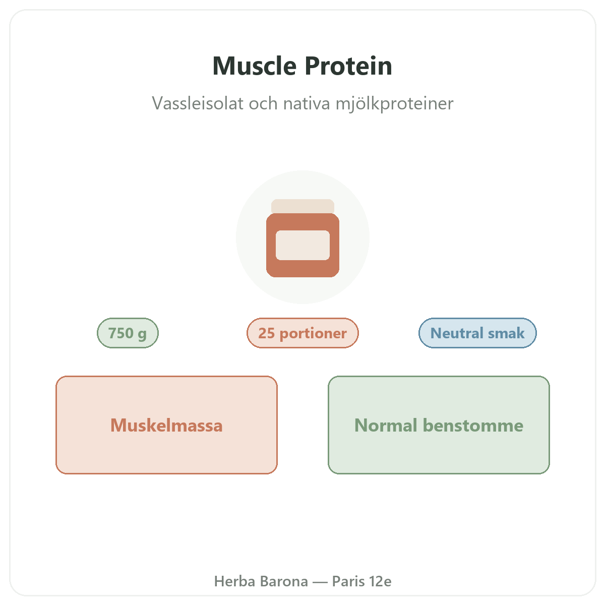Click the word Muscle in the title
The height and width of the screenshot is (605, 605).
point(254,66)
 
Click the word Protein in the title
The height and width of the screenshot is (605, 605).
point(348,66)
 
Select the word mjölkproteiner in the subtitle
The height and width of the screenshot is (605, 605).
point(394,104)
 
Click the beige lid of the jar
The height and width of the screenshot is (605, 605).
point(302,206)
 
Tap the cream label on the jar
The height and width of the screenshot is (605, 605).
point(302,245)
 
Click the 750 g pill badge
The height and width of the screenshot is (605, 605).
point(128,333)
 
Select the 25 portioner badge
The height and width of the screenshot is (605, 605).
point(302,333)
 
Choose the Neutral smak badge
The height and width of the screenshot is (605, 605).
point(477,333)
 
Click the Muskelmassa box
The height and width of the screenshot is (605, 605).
point(166,425)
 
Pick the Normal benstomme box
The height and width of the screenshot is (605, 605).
point(439,425)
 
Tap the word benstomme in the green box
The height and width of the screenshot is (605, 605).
point(473,426)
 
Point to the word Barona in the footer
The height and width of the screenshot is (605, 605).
point(284,581)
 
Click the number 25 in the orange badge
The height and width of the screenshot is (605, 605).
point(267,333)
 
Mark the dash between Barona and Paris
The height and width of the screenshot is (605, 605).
point(320,582)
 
